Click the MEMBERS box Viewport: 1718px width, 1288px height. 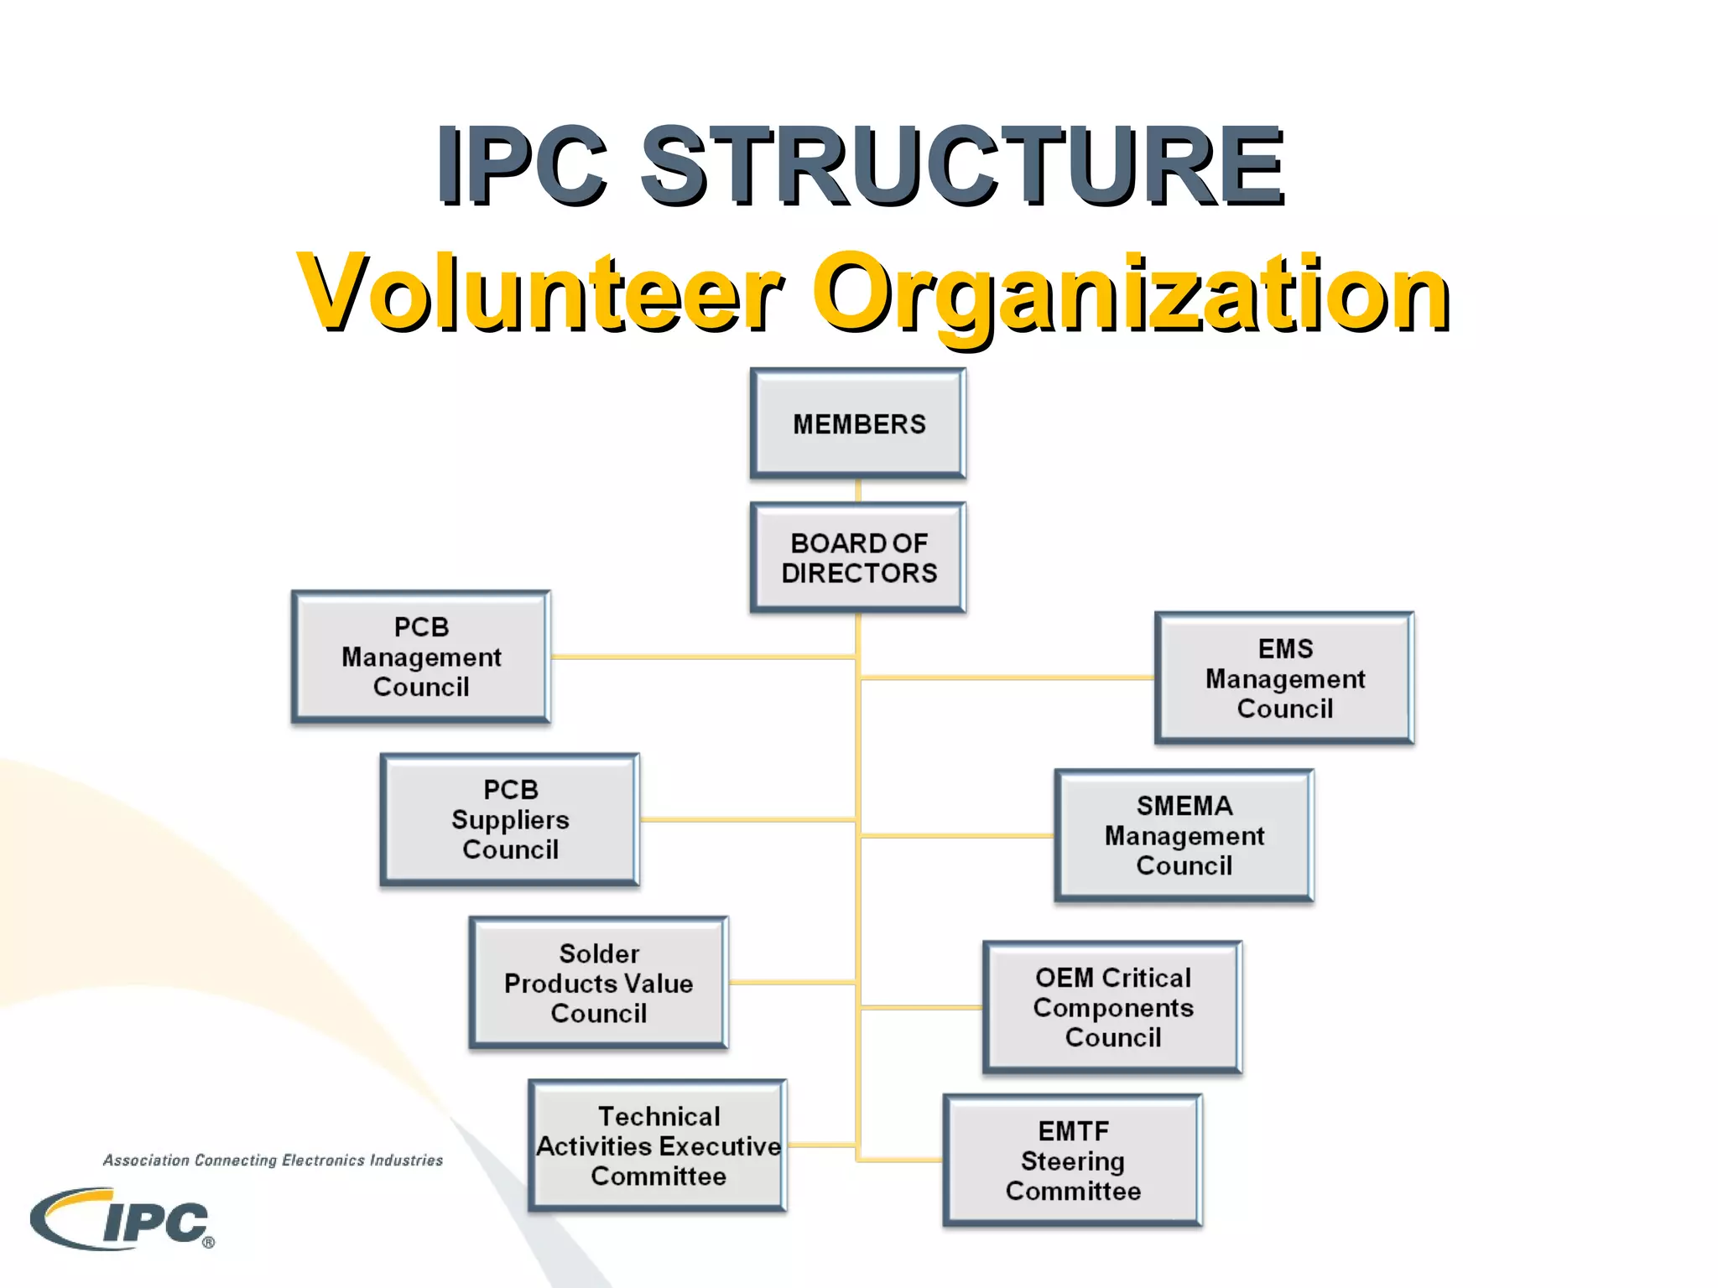858,424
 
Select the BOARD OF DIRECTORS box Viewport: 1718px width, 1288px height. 858,558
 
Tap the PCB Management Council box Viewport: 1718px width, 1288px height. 421,657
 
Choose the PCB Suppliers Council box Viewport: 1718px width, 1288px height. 510,819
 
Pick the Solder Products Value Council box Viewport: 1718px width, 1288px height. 598,983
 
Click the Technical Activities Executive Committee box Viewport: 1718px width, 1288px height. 658,1145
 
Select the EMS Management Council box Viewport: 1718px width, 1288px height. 1284,678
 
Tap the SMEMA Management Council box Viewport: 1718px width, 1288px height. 1184,835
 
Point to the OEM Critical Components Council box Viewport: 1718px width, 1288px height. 1112,1007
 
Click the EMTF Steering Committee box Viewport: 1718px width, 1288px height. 1073,1161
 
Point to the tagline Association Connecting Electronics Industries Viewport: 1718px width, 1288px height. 273,1161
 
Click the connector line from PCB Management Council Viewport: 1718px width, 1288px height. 703,657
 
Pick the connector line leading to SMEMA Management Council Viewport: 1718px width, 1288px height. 956,836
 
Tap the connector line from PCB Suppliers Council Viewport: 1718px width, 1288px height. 747,819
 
